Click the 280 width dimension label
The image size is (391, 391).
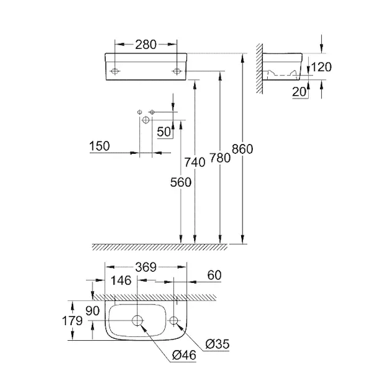coord(145,44)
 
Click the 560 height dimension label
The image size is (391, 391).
coord(181,182)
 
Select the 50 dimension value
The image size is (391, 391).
coord(163,131)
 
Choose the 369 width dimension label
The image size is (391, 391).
coord(145,266)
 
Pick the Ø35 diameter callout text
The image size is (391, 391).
coord(216,343)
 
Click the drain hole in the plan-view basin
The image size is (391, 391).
coord(138,319)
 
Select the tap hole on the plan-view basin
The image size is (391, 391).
coord(174,319)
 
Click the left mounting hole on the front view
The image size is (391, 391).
coord(115,70)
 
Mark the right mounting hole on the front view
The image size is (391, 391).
coord(176,70)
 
